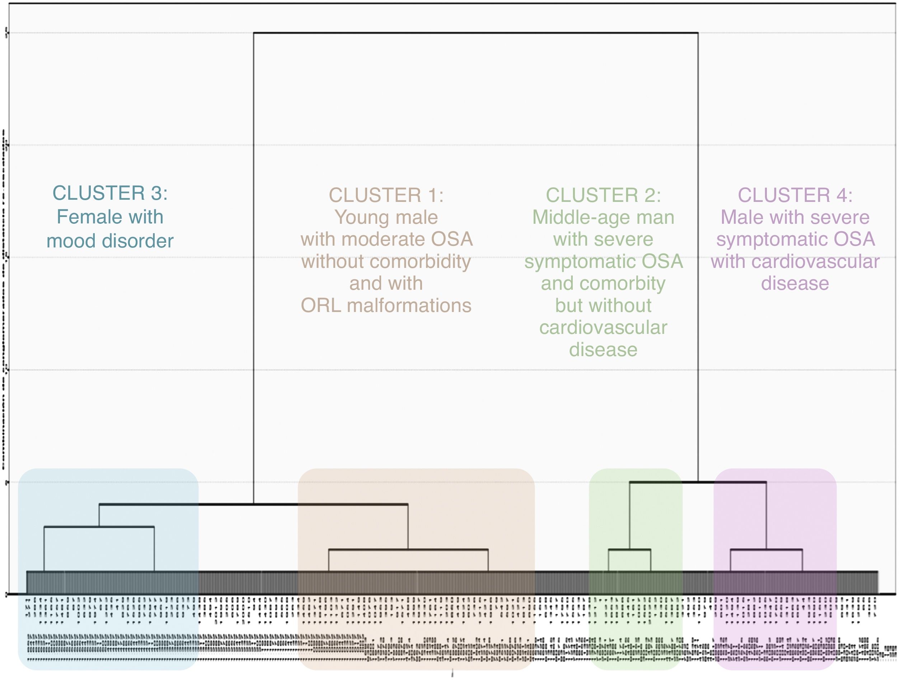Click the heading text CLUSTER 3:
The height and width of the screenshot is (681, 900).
(x=110, y=193)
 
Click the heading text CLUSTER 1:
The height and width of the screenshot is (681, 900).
(x=386, y=195)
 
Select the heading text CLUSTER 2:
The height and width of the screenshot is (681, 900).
(x=603, y=195)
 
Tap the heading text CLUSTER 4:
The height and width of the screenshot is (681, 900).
(x=795, y=195)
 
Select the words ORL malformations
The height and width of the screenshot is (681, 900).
(x=386, y=305)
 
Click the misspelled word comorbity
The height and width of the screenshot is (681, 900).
(x=623, y=283)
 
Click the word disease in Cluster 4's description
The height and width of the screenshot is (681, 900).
(x=795, y=283)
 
